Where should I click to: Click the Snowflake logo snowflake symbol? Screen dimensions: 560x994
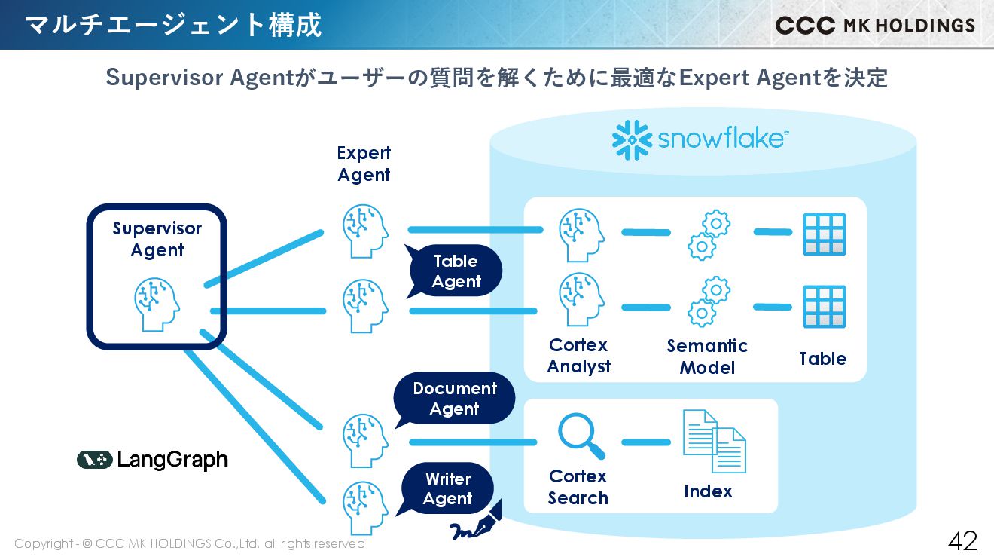pyautogui.click(x=631, y=140)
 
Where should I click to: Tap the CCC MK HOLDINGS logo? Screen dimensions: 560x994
pyautogui.click(x=875, y=25)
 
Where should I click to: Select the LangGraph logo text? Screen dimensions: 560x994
pyautogui.click(x=172, y=460)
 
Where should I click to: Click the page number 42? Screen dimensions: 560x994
pyautogui.click(x=962, y=540)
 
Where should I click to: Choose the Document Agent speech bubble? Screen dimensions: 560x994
pyautogui.click(x=455, y=399)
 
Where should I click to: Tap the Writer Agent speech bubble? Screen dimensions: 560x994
pyautogui.click(x=448, y=488)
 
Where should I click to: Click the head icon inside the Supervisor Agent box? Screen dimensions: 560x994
pyautogui.click(x=157, y=304)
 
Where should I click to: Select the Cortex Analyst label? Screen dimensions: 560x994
pyautogui.click(x=578, y=356)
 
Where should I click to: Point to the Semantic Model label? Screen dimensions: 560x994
pyautogui.click(x=707, y=357)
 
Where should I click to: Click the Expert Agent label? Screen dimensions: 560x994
pyautogui.click(x=364, y=164)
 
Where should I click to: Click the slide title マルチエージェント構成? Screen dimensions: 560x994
pyautogui.click(x=173, y=25)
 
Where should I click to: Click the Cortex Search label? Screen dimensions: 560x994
pyautogui.click(x=578, y=487)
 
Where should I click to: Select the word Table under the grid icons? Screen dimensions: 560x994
pyautogui.click(x=822, y=359)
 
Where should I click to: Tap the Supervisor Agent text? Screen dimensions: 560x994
pyautogui.click(x=157, y=239)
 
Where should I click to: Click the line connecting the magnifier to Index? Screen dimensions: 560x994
pyautogui.click(x=645, y=442)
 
